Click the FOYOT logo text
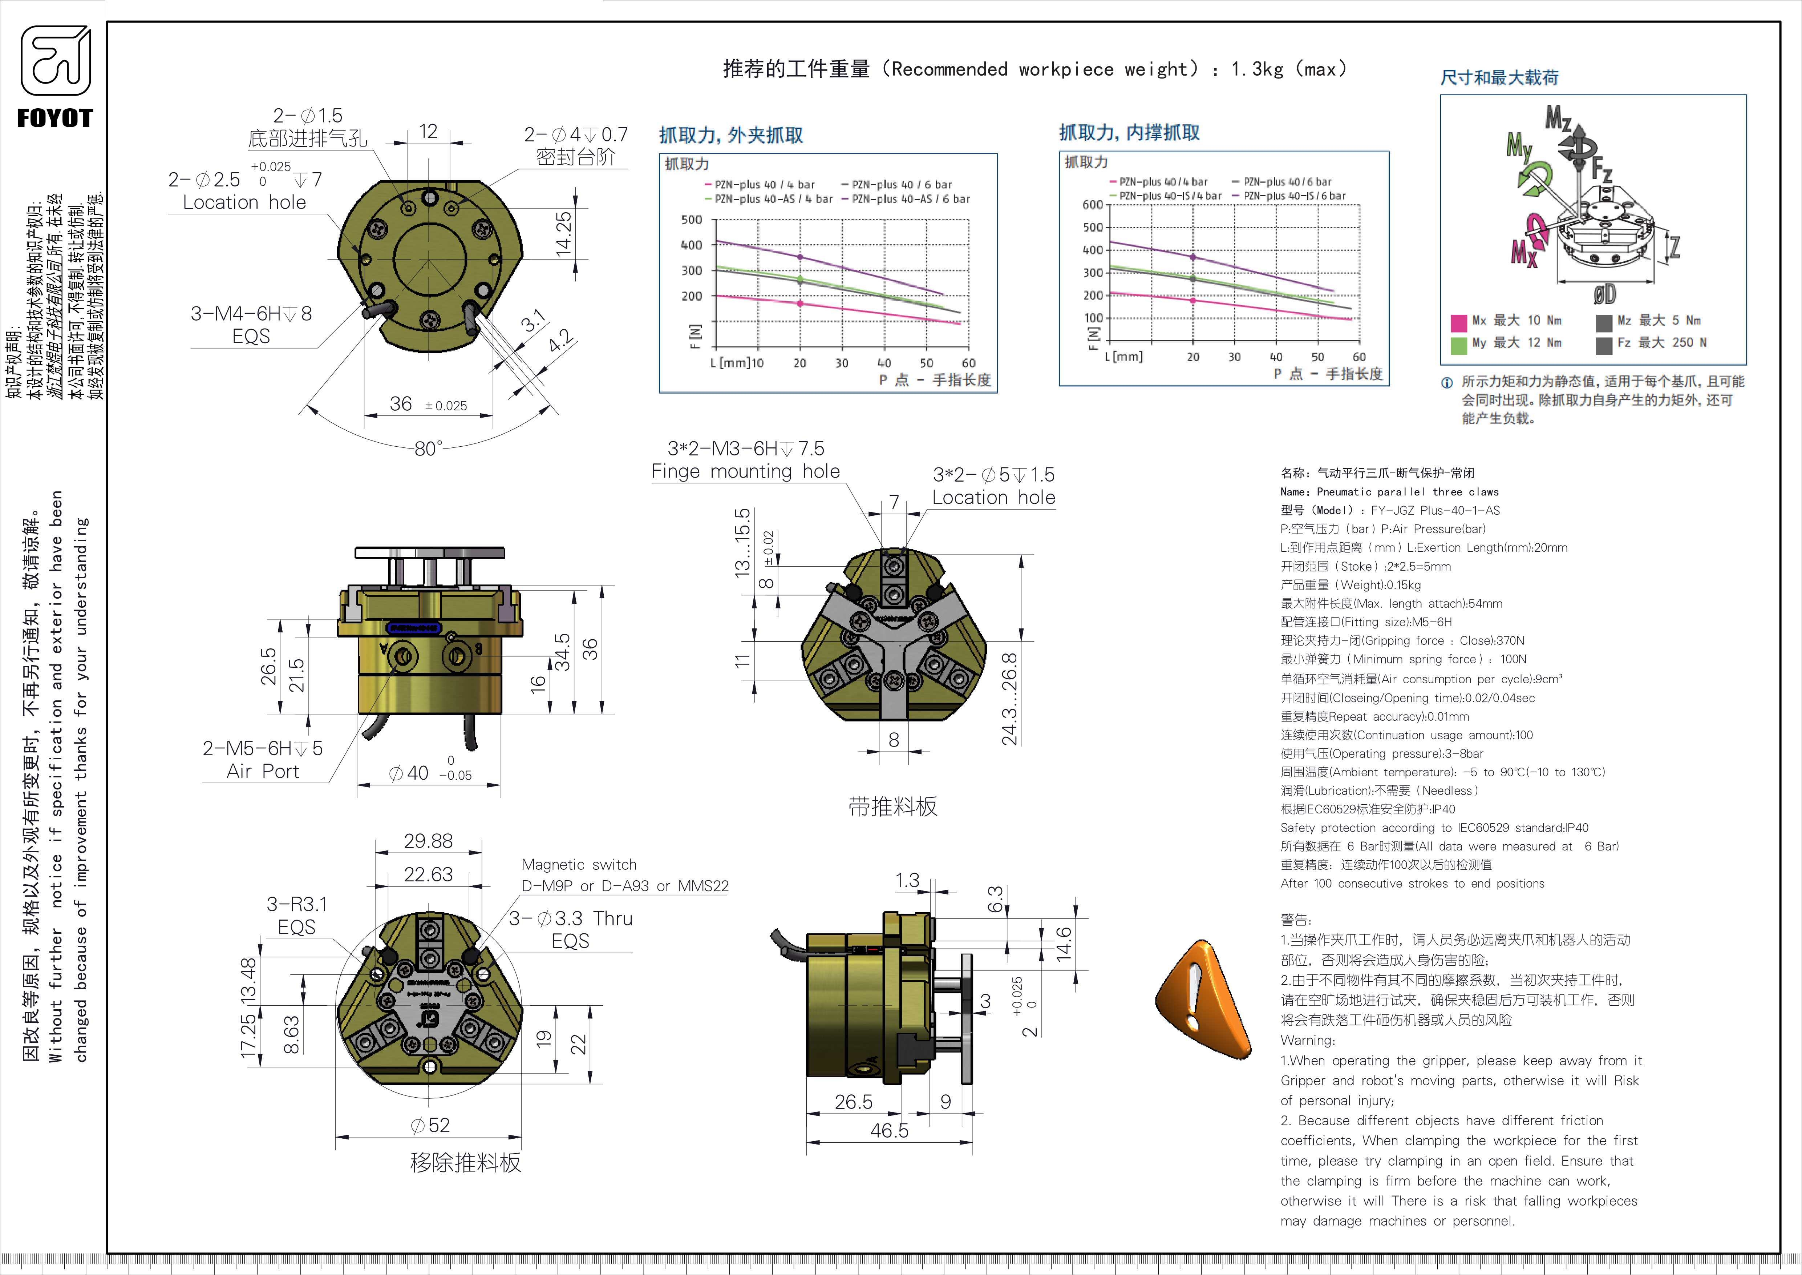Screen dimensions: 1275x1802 pos(55,118)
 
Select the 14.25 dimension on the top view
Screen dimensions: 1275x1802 pos(563,233)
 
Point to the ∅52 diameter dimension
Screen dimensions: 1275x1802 pos(430,1125)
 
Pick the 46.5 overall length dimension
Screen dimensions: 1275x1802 pos(889,1131)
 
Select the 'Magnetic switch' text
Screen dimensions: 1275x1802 pos(579,864)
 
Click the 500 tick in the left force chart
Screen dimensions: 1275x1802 pos(692,220)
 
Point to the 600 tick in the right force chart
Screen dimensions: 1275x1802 pos(1093,205)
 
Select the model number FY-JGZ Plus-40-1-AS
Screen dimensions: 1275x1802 pos(1435,510)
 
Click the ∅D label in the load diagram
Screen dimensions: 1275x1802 pos(1604,294)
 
